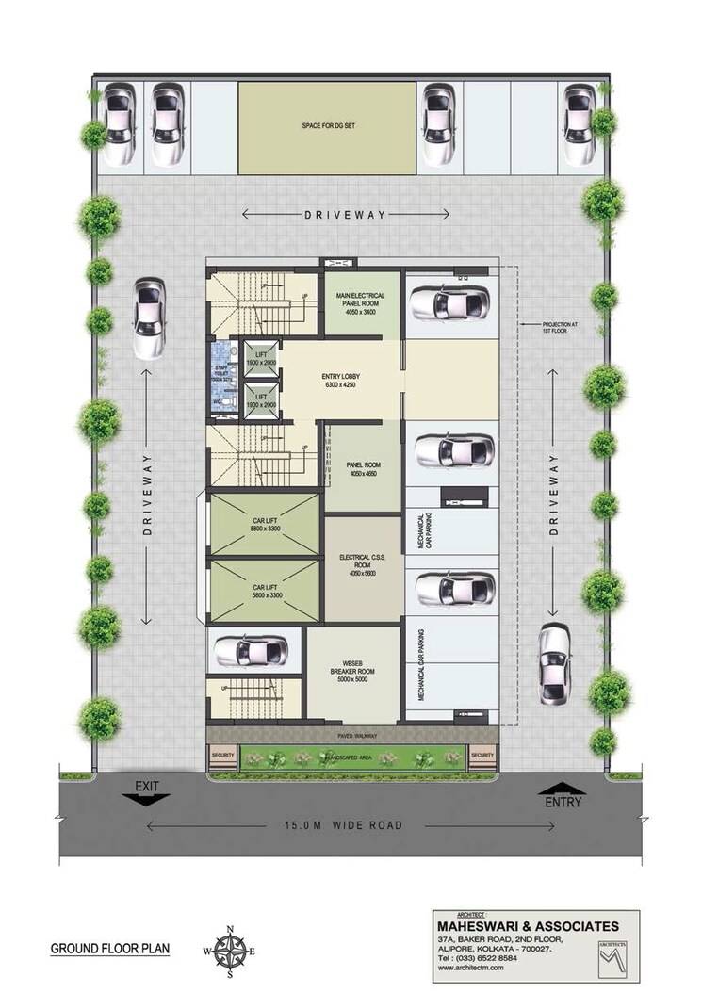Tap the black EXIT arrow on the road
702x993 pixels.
pos(146,798)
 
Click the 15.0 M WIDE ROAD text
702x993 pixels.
pos(345,825)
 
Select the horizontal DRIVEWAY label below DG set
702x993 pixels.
pos(345,215)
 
